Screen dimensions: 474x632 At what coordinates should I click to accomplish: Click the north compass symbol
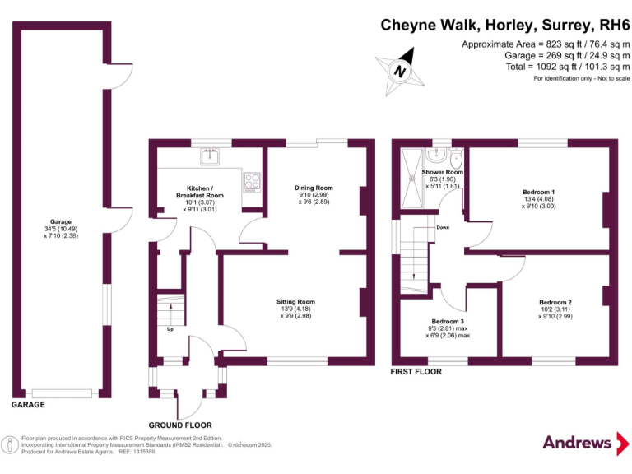[401, 71]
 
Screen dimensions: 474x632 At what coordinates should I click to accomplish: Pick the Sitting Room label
[295, 308]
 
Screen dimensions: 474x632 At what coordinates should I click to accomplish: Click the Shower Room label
[442, 179]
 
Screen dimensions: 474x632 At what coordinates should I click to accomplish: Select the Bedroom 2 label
[555, 307]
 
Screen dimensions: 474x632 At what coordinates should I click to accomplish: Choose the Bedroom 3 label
[450, 328]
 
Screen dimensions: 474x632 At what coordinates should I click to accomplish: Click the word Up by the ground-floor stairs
[170, 329]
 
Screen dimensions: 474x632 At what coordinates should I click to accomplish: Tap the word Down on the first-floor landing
[443, 227]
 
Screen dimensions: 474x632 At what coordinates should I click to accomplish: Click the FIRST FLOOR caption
[416, 372]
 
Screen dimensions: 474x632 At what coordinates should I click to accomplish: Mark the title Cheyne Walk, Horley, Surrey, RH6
[504, 25]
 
